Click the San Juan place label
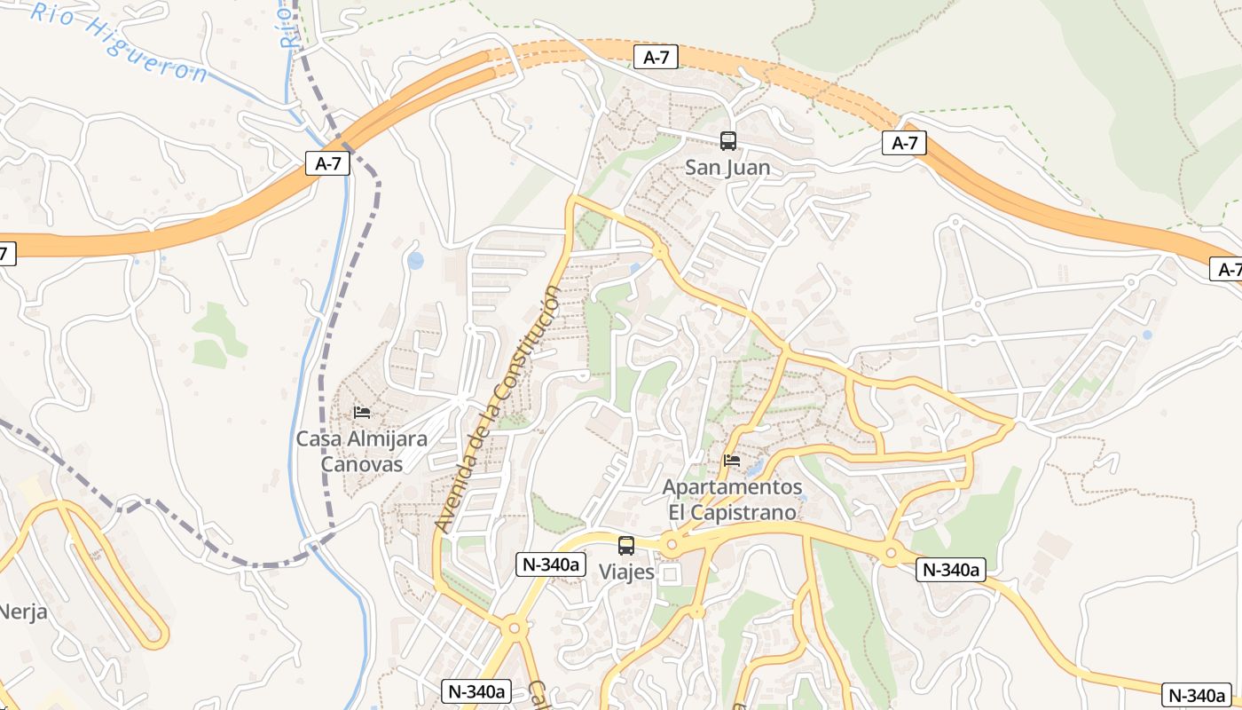coord(727,167)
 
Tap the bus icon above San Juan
coord(728,140)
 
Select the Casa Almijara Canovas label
coord(361,451)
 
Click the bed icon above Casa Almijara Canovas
coord(361,413)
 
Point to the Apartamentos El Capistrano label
coord(733,500)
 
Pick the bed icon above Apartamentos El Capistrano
coord(732,461)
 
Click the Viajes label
coord(626,572)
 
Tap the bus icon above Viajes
coord(626,546)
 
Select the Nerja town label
coord(23,611)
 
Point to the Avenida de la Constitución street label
coord(499,408)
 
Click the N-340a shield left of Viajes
coord(551,564)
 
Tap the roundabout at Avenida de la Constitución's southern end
coord(514,628)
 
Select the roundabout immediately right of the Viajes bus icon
coord(671,544)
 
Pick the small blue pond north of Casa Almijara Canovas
coord(415,261)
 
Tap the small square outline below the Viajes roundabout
coord(670,575)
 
